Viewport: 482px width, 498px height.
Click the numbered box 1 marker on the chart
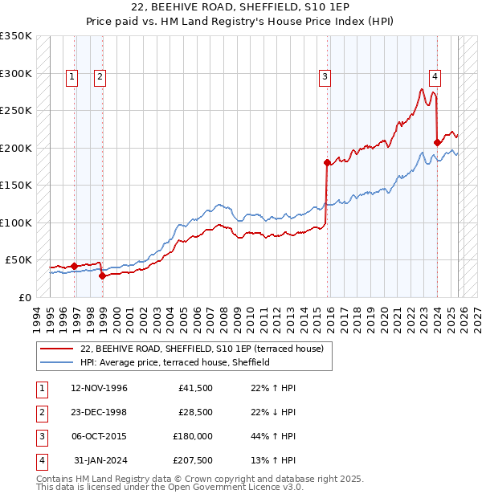coord(72,77)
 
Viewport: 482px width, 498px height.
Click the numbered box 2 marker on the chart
coord(100,77)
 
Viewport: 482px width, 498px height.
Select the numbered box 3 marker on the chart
coord(325,77)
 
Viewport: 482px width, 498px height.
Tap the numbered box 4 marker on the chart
coord(435,77)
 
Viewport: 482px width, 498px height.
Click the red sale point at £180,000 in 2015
coord(327,162)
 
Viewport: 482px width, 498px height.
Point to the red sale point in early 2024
coord(437,143)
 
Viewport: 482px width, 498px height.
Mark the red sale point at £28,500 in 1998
coord(102,276)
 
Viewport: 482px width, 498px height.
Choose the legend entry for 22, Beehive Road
coord(202,349)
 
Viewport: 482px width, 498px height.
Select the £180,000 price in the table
coord(192,436)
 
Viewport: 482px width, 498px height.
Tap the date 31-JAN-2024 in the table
coord(100,460)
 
